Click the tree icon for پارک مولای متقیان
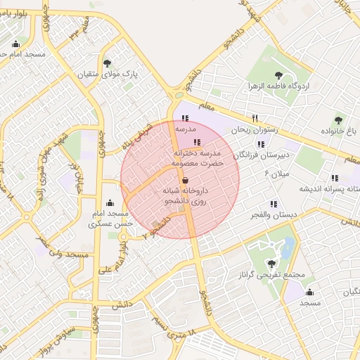106,63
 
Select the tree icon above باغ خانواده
340,120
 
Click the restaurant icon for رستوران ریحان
255,118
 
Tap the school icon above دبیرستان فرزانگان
262,144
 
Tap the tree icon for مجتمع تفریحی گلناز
271,264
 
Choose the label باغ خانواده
340,131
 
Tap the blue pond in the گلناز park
288,247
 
